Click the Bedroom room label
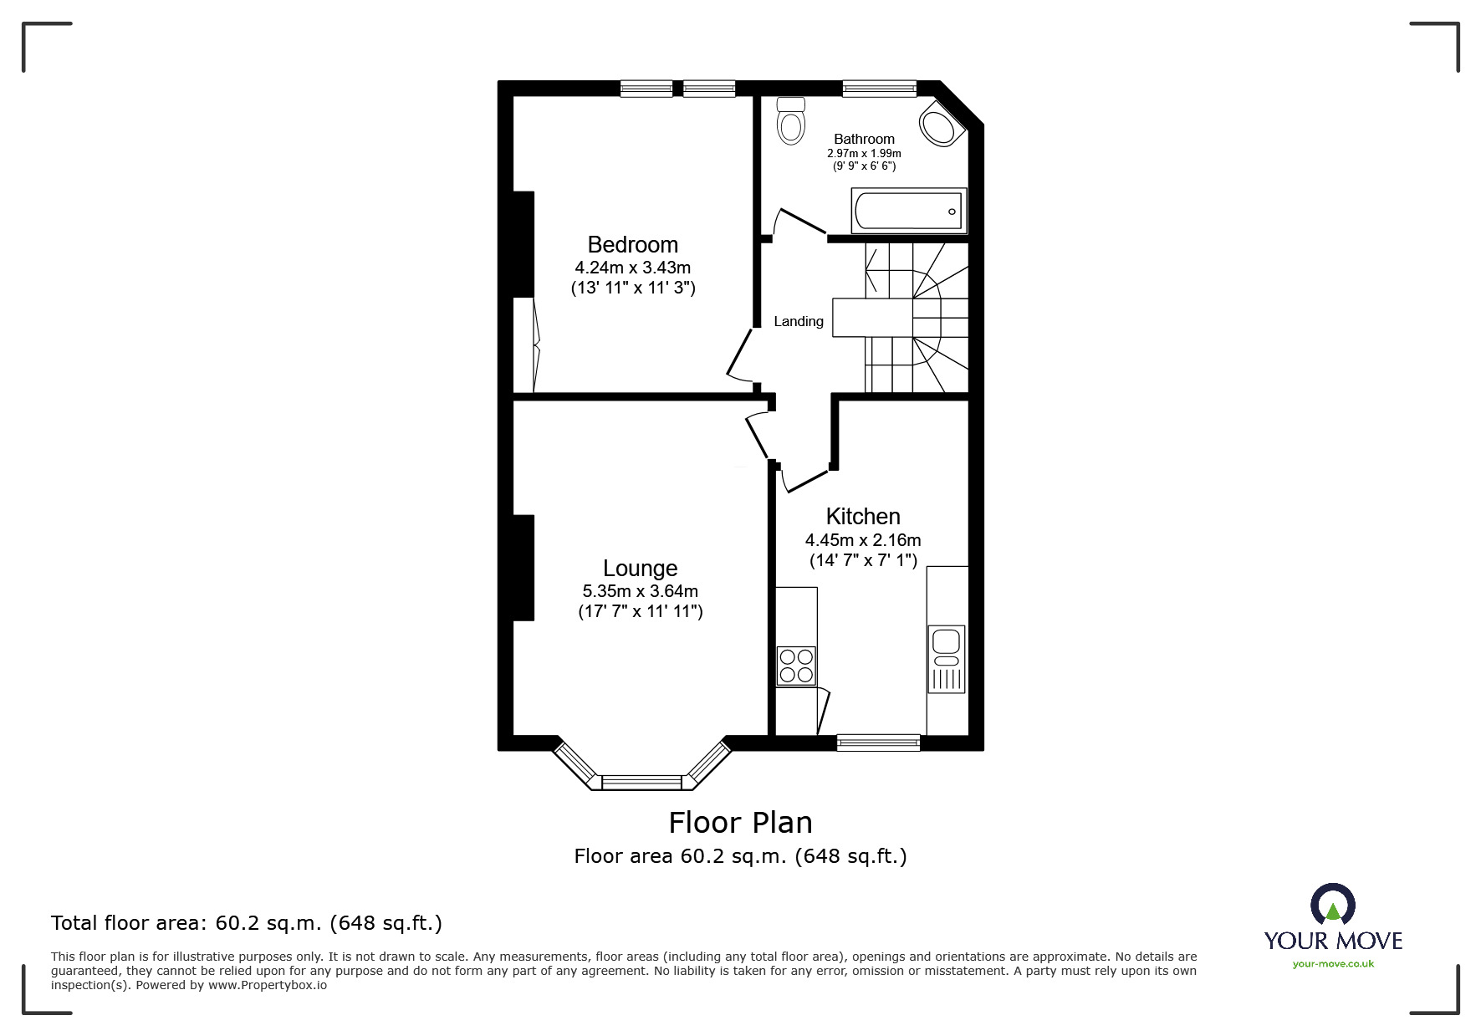632,245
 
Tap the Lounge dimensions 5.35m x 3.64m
640,591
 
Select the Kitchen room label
862,516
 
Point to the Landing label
798,321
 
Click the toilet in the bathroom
790,121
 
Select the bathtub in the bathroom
908,211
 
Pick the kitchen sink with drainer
946,658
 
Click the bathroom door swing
797,221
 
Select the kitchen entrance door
804,481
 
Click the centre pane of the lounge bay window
642,783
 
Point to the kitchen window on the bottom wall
878,742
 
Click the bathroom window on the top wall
879,88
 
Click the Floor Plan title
740,823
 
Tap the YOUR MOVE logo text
1333,941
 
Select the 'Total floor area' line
247,923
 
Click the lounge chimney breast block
523,568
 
